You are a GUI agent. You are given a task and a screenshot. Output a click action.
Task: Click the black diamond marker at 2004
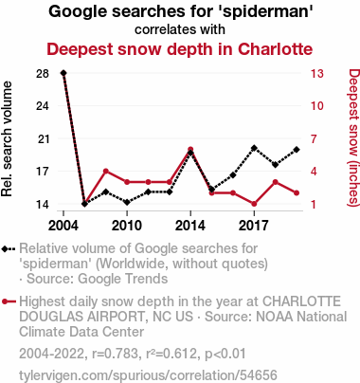(63, 73)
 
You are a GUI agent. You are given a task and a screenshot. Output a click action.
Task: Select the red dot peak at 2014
(190, 149)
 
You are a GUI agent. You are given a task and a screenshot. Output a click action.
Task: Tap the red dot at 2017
(254, 204)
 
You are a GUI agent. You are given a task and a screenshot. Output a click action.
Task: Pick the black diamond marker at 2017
(254, 148)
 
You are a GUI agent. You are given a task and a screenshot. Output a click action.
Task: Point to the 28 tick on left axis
(43, 74)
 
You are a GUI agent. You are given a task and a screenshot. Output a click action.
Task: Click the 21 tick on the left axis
(44, 138)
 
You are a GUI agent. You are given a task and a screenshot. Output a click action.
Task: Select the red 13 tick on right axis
(316, 74)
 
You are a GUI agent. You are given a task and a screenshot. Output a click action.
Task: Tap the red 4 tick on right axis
(314, 172)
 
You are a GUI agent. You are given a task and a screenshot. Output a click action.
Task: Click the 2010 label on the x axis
(127, 226)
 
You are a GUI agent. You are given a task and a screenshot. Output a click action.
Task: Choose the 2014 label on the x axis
(190, 226)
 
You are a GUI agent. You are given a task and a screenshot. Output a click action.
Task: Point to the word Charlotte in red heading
(275, 49)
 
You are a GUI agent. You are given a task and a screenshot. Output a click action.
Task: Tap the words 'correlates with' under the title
(180, 29)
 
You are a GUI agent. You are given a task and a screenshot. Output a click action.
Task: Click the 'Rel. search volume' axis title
(7, 139)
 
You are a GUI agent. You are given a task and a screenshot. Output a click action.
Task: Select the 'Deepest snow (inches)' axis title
(353, 137)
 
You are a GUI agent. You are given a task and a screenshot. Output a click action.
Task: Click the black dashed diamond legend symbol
(9, 249)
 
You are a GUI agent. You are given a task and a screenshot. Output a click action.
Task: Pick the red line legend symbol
(9, 301)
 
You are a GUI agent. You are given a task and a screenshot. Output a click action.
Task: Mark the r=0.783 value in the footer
(116, 354)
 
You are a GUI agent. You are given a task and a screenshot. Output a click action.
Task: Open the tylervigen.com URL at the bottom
(148, 375)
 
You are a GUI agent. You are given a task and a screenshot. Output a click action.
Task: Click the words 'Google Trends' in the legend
(123, 279)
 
